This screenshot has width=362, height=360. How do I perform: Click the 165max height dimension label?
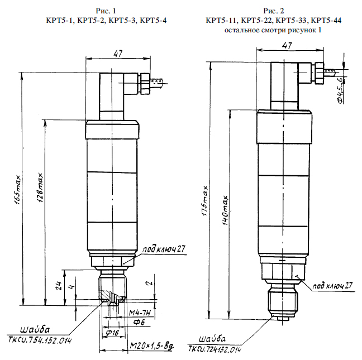17,190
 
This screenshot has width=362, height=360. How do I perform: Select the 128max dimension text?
40,188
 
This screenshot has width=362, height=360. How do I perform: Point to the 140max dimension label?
225,210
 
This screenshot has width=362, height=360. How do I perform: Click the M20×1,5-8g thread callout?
152,346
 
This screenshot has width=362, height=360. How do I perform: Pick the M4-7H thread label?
140,313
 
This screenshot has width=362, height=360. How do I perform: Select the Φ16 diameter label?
112,333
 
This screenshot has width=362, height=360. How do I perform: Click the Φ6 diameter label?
139,322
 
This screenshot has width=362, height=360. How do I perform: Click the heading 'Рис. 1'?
106,11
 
